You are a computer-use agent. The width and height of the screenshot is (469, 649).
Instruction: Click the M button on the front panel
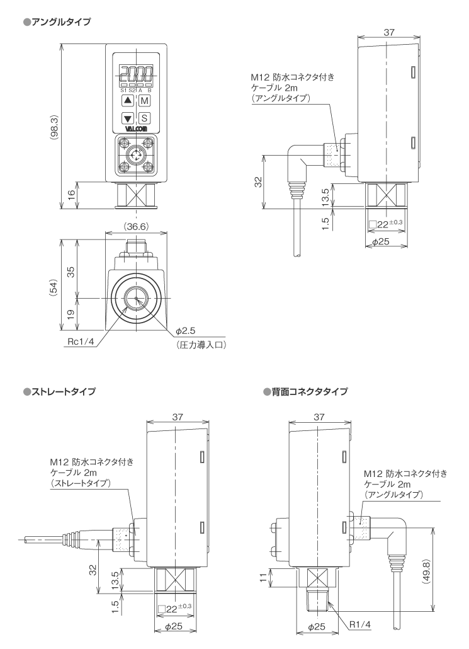point(144,101)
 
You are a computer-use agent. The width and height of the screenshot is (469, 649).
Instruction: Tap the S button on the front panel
point(144,118)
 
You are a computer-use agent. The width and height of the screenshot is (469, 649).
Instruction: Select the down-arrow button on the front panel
point(128,118)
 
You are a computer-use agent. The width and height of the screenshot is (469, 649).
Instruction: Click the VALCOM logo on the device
point(135,130)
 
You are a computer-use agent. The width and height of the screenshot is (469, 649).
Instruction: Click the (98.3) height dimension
point(55,126)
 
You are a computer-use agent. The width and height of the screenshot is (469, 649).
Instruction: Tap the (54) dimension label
point(54,287)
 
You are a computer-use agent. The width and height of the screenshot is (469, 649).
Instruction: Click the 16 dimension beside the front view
point(71,195)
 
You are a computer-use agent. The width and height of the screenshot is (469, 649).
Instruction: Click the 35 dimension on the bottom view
point(71,272)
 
